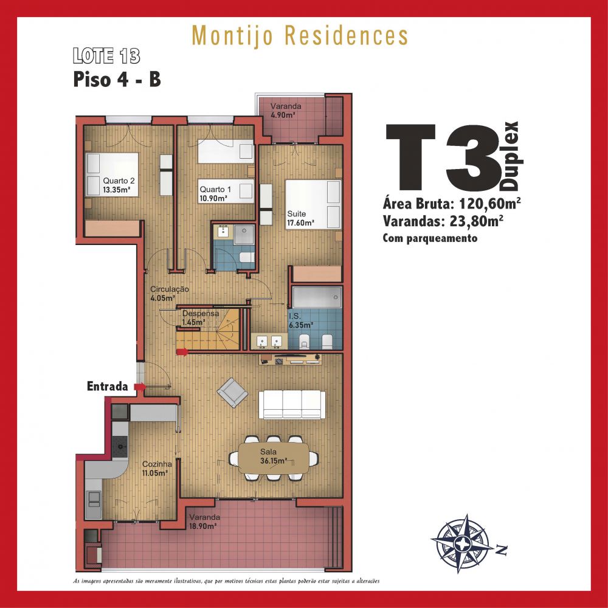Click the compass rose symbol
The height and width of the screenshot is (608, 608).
coord(464,543)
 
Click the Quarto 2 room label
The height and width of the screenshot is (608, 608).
coord(119,181)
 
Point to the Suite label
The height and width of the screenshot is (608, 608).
coord(296,213)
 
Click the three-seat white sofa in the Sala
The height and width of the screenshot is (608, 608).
coord(292,404)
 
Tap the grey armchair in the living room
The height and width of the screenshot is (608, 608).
coord(232,392)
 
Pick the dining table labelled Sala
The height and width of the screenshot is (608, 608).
coord(274,458)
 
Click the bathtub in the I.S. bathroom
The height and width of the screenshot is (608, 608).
coord(317,297)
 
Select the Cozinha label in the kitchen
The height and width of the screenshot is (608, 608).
coord(157,464)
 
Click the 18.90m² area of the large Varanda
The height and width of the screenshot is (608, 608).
coord(202,526)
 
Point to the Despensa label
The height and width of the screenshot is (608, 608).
coord(201,313)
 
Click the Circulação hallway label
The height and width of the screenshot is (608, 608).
coord(170,289)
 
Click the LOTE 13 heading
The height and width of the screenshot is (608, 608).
coord(106,56)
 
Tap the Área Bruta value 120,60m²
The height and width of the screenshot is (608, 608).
coord(489,203)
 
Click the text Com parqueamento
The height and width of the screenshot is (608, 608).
coord(430,238)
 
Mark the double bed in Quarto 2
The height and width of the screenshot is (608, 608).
coord(112,174)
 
